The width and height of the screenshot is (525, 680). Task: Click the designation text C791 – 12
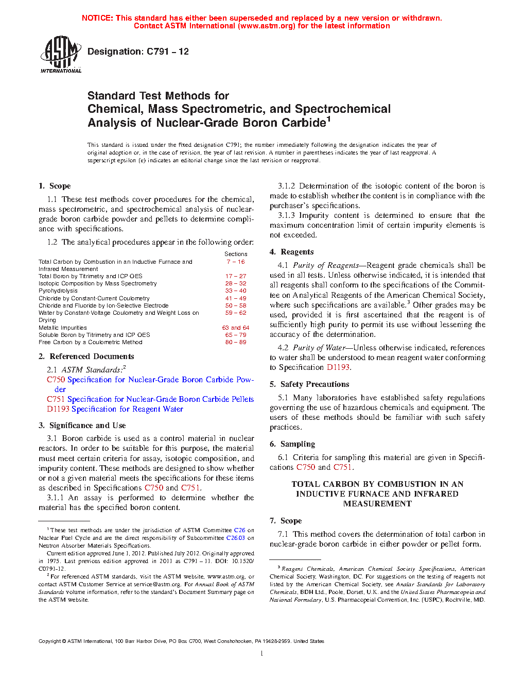(138, 52)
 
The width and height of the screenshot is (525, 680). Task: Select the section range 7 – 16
(236, 262)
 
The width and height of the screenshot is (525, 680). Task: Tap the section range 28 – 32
(236, 283)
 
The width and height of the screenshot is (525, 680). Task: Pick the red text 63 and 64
(236, 328)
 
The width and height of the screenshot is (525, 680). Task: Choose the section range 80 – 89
(236, 342)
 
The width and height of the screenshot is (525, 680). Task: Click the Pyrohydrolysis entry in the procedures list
(58, 291)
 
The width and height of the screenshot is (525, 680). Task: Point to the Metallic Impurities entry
(63, 328)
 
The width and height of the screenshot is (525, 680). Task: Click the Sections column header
(236, 254)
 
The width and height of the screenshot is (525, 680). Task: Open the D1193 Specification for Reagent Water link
(115, 409)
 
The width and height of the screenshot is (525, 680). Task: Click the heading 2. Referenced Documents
(86, 356)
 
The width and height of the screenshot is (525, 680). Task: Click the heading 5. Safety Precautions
(309, 384)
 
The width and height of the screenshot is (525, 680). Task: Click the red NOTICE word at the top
(97, 18)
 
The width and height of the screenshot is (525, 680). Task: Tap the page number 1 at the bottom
(262, 654)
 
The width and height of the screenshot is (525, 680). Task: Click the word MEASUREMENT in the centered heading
(377, 504)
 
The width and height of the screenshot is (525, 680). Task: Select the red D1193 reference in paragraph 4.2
(338, 367)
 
